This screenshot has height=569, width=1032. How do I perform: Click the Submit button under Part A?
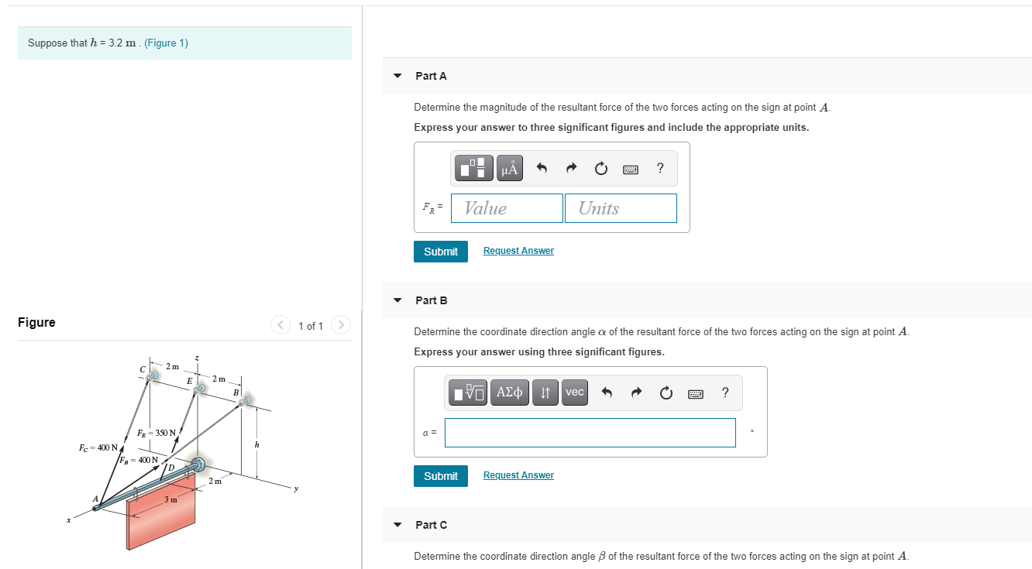coord(440,252)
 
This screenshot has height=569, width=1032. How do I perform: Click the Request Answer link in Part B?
coord(518,475)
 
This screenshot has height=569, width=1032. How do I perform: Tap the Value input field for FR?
coord(507,208)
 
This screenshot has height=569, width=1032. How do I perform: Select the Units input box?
coord(620,208)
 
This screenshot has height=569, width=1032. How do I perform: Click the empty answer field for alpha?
coord(590,433)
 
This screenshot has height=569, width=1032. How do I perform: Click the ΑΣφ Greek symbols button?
coord(509,392)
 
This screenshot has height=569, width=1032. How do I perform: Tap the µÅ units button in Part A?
coord(509,168)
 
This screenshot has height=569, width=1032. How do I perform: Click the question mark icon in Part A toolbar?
coord(659,168)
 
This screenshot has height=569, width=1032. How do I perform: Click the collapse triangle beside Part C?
coord(397,525)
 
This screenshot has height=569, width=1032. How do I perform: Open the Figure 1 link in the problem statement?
coord(166,43)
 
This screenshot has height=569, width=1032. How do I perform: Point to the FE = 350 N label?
coord(156,433)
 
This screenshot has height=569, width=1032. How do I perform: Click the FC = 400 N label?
coord(98,447)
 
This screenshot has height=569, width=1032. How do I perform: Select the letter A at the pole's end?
coord(96,499)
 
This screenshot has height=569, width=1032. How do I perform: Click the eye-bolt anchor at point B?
coord(246,401)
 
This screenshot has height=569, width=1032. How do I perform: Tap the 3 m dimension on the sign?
coord(170,499)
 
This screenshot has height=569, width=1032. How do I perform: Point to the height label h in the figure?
coord(256,444)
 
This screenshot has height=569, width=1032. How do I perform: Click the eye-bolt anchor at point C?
coord(153,375)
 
